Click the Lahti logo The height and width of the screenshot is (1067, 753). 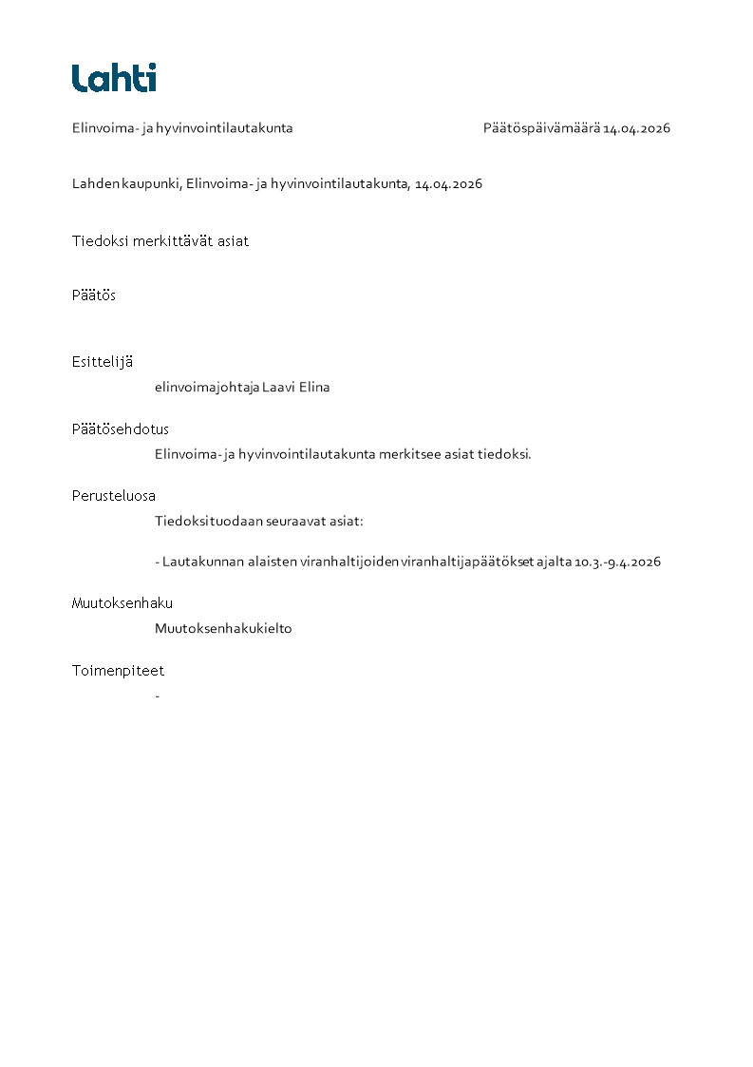coord(114,77)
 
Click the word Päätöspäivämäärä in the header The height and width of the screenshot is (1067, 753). coord(541,128)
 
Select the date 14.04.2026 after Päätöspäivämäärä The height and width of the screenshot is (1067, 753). coord(637,128)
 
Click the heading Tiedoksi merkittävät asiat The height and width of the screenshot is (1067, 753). coord(160,241)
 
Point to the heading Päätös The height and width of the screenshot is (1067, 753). coord(94,295)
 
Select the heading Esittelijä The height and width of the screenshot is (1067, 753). coord(103,362)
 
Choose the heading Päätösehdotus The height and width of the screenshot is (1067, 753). coord(121,429)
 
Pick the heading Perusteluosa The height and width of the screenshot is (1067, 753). coord(114,496)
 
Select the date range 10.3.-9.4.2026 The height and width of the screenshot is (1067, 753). coord(618,562)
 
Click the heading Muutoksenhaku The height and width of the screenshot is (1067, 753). coord(122,603)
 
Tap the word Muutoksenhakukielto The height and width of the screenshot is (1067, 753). coord(223,629)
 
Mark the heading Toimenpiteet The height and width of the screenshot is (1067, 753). coord(118,671)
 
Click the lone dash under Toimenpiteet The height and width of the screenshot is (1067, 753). coord(157,696)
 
